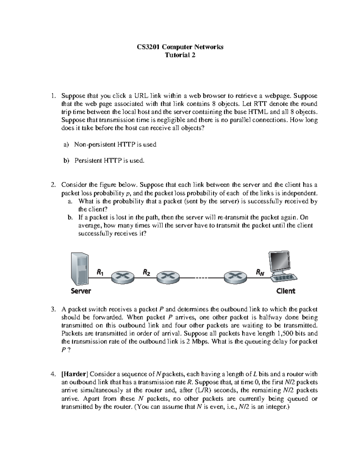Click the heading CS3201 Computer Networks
point(180,47)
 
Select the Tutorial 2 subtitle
point(180,55)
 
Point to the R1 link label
point(100,272)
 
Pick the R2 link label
point(146,272)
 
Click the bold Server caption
point(81,291)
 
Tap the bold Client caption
point(286,291)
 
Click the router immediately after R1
point(122,278)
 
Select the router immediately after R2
point(168,278)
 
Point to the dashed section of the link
point(201,278)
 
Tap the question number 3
point(53,309)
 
